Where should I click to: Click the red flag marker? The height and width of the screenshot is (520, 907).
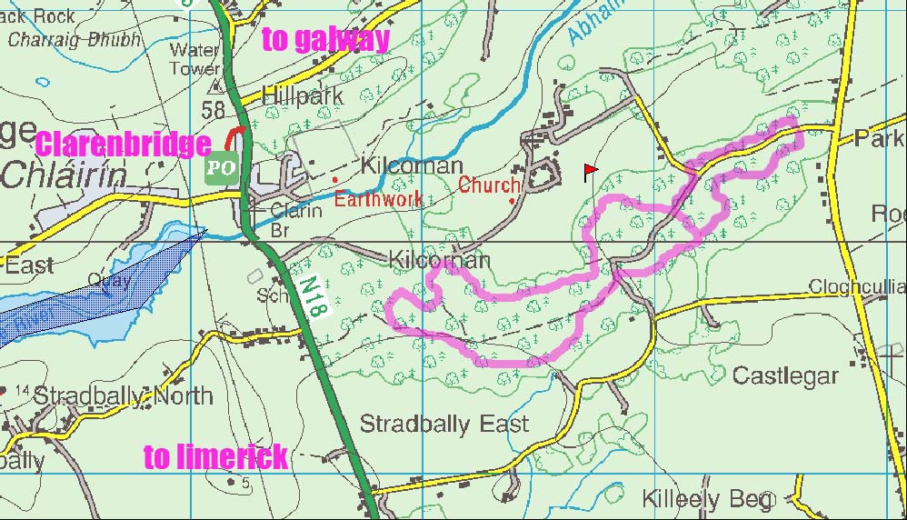point(590,171)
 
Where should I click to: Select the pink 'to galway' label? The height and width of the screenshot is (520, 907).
point(325,39)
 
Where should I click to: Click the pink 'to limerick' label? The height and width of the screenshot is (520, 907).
point(215,456)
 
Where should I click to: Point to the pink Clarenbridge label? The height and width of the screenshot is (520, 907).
point(123,145)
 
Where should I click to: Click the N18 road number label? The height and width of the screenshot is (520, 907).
point(312,295)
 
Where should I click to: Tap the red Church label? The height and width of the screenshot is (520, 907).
point(488,185)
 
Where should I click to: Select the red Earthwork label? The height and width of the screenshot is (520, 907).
point(377,199)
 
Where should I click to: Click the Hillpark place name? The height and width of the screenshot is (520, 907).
point(302,95)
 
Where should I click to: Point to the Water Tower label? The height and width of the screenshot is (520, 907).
point(194,59)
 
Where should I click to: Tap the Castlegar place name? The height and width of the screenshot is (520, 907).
point(785,375)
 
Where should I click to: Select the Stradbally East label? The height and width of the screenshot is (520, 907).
point(444,424)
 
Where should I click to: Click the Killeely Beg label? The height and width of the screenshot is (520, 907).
point(708,498)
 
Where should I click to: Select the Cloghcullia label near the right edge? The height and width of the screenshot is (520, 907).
point(857,287)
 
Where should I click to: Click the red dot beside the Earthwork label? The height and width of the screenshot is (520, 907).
point(334,180)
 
